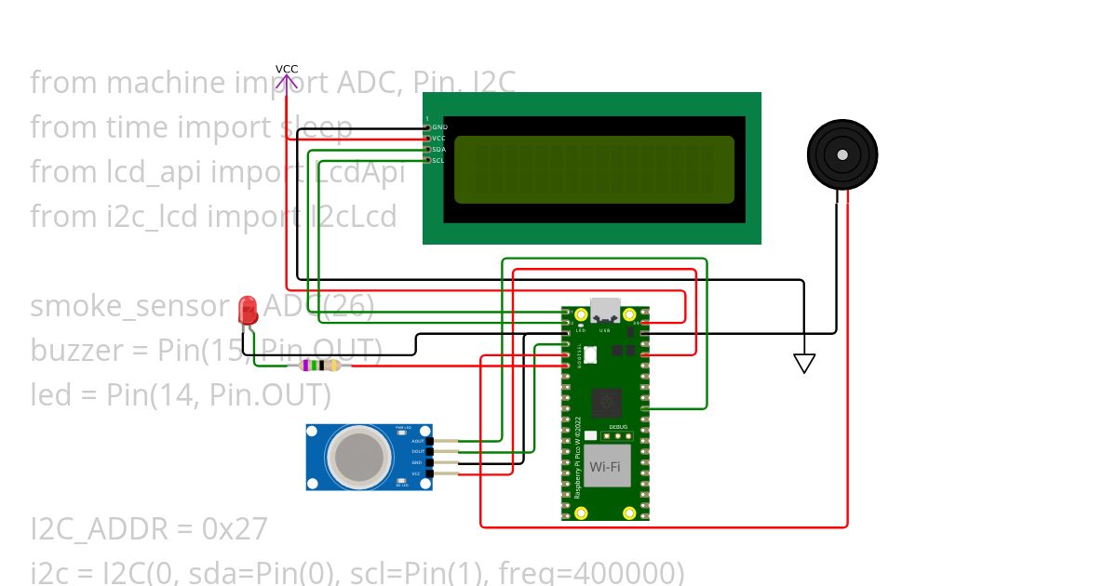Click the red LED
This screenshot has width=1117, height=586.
click(248, 310)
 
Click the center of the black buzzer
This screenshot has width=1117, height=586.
click(841, 154)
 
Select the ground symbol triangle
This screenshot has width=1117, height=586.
click(804, 364)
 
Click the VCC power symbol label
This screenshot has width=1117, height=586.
click(287, 70)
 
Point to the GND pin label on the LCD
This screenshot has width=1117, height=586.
click(439, 127)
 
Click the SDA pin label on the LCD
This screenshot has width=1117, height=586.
click(438, 149)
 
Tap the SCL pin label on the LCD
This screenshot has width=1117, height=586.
click(437, 160)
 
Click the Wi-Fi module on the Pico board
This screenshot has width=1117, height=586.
click(605, 465)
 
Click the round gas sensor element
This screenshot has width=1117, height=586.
click(357, 456)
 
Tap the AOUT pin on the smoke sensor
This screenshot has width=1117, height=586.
click(417, 441)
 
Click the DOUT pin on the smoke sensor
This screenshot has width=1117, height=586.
click(417, 452)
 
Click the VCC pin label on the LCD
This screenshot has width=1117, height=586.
click(438, 138)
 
